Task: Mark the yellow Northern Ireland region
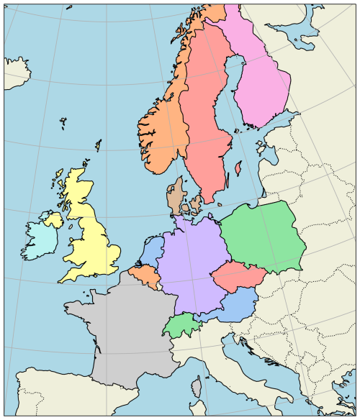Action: (x=55, y=219)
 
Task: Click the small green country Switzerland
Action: (x=178, y=325)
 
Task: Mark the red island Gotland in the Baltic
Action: (x=238, y=170)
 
